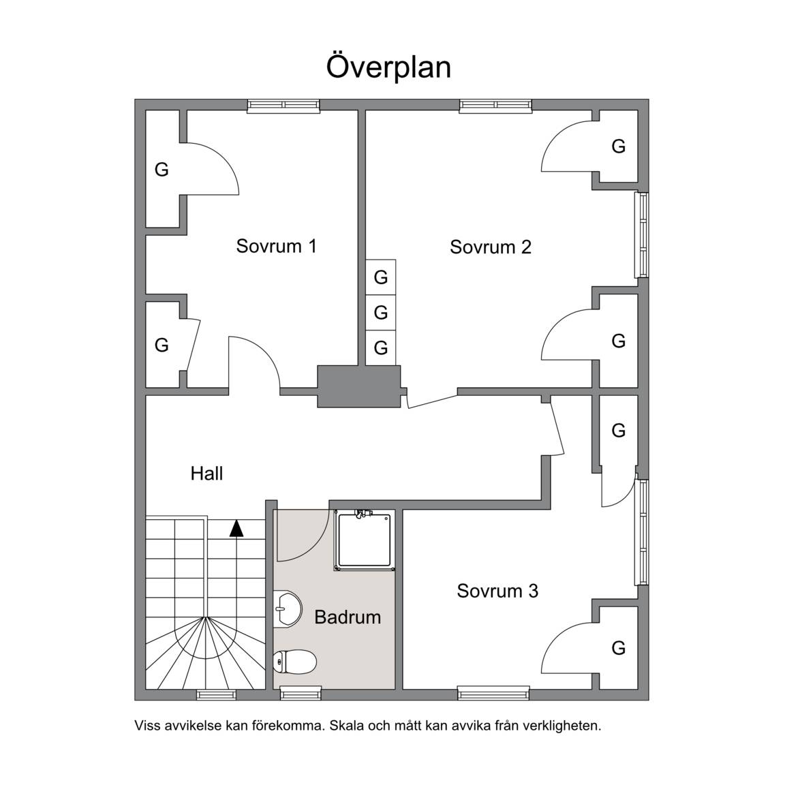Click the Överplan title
388,67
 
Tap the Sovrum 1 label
277,246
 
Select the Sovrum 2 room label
490,247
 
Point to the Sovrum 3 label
497,591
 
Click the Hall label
206,473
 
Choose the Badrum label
348,617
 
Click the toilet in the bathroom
295,662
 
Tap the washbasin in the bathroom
288,609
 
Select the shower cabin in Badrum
365,540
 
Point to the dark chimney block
359,386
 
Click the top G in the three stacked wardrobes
381,277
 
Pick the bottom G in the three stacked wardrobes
381,348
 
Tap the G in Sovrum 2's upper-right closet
618,147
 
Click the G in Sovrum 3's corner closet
618,648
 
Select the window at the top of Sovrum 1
283,105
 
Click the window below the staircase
216,694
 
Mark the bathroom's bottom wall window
301,694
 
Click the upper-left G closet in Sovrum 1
161,169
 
